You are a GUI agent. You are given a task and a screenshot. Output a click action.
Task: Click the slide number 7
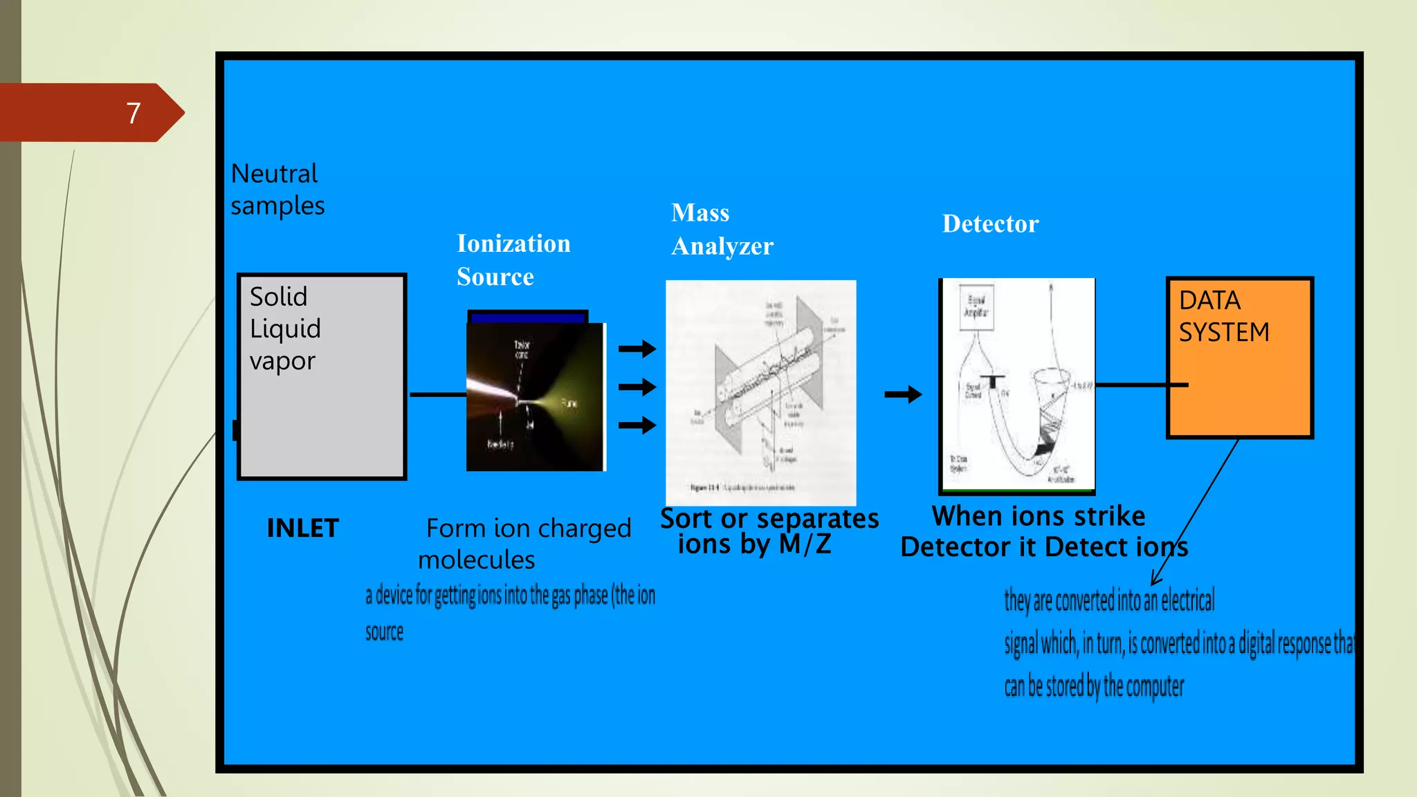coord(134,113)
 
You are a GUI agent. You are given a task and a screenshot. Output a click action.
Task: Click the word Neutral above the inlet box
coord(274,174)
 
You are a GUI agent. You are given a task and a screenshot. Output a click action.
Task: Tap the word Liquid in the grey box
coord(285,329)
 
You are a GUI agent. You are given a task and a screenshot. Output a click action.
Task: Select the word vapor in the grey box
coord(282,360)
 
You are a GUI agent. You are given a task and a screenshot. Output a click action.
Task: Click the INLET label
coord(302,528)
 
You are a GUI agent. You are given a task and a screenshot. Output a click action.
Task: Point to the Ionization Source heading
coord(513,259)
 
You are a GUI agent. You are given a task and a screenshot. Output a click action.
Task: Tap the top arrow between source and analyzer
coord(637,349)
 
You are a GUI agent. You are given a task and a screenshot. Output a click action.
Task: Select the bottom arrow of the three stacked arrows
coord(637,425)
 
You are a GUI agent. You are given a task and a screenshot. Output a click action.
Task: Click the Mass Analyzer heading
coord(722,229)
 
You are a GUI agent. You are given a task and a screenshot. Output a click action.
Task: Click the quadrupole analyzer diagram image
coord(760,392)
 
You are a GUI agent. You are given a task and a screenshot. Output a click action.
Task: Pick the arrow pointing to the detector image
coord(903,394)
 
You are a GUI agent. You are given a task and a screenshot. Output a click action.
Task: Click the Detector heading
coord(990,223)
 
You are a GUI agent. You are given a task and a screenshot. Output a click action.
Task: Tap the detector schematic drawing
coord(1017,385)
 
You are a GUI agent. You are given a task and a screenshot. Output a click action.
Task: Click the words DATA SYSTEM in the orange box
coord(1223,316)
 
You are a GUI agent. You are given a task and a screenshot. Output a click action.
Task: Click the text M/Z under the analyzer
coord(805,544)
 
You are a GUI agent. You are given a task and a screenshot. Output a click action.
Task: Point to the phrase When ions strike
coord(1038,516)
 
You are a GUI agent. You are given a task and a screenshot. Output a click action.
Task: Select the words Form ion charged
coord(529,528)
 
